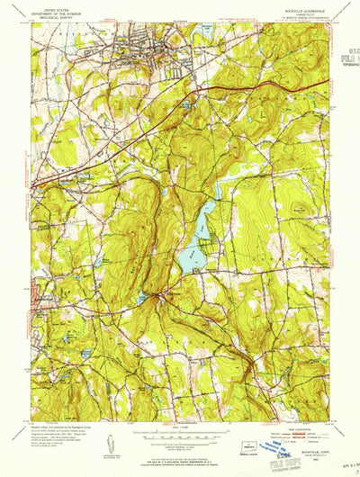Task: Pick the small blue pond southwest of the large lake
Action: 141,297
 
